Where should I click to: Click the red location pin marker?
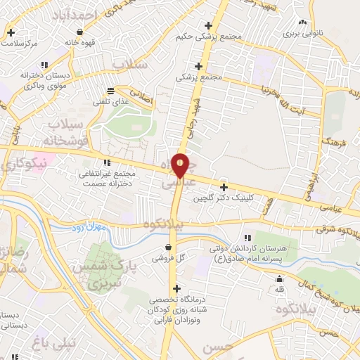[180, 165]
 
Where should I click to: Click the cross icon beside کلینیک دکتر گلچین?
[224, 187]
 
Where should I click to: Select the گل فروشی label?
[169, 259]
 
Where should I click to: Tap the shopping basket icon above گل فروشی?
[169, 247]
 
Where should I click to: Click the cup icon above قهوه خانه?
[80, 32]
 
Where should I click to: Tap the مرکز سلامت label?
[19, 43]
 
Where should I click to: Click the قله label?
[280, 289]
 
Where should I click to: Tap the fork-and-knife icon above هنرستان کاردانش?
[246, 238]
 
